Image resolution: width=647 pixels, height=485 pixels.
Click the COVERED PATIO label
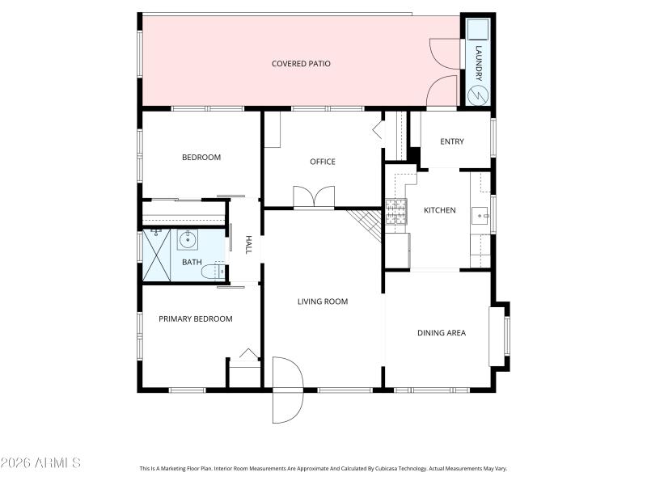coord(301,64)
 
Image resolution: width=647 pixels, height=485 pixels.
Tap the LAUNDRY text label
coord(478,63)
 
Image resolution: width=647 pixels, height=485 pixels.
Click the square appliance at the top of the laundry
coord(478,29)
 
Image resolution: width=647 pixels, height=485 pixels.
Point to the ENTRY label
coord(452,142)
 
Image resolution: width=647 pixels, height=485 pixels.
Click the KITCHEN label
coord(440,210)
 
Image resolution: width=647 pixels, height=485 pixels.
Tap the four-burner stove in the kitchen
coord(395,212)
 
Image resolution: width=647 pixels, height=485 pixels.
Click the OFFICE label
coord(323,162)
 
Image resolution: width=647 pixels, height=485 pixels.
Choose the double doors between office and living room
coord(313,198)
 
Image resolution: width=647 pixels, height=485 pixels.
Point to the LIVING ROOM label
coord(323,302)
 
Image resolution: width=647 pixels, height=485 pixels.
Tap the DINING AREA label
coord(442,332)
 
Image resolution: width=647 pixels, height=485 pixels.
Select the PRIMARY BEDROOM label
coord(196,319)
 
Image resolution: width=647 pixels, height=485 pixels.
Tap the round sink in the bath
coord(188,239)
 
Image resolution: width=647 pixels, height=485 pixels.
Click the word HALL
coord(249,245)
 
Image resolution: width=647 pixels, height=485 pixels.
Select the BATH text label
coord(192,262)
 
